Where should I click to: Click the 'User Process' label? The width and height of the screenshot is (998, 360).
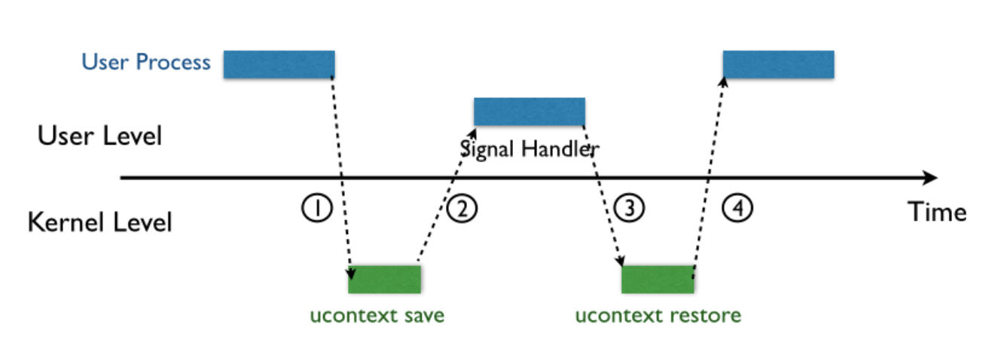click(146, 62)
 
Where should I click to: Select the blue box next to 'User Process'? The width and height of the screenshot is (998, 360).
click(279, 65)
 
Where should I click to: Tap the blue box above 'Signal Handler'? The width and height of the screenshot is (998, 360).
click(529, 112)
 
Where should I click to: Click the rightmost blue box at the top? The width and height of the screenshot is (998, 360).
click(778, 65)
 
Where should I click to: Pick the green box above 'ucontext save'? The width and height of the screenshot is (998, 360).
click(384, 279)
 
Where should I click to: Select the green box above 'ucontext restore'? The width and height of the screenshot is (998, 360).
click(657, 279)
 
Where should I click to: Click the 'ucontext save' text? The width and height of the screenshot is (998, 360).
click(377, 315)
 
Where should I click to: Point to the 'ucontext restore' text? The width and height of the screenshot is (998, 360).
click(658, 315)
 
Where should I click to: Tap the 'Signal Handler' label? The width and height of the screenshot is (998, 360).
click(529, 148)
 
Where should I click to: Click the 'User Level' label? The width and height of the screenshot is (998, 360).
click(99, 136)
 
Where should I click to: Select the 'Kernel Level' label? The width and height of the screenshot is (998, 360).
click(99, 223)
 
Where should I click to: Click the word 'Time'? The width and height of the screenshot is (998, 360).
click(936, 212)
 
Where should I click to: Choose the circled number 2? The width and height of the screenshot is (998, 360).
click(462, 208)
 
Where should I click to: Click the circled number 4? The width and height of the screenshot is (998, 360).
click(737, 208)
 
